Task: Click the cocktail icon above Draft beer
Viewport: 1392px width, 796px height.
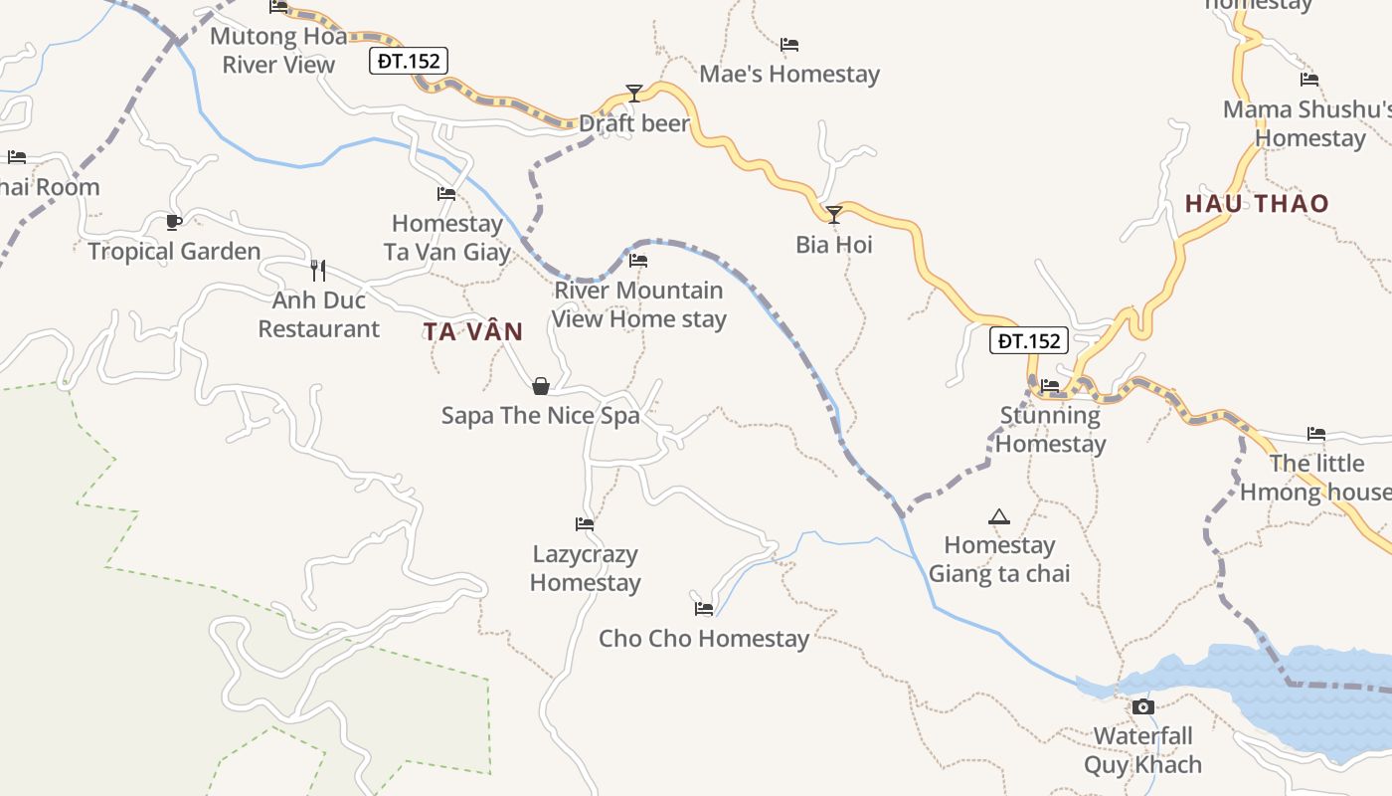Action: pos(634,94)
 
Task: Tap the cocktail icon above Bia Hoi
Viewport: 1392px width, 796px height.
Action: pos(834,214)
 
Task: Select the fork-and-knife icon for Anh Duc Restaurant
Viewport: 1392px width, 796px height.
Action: pos(318,270)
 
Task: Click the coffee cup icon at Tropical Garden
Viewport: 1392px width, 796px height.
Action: pos(174,222)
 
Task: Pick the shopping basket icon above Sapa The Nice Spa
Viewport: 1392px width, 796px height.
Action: pos(541,386)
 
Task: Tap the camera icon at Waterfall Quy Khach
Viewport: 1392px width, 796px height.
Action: pos(1143,706)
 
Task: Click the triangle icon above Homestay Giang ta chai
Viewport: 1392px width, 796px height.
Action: pos(999,516)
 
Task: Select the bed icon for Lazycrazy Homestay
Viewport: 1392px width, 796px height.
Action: pos(585,524)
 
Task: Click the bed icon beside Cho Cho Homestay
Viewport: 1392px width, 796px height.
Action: pos(704,608)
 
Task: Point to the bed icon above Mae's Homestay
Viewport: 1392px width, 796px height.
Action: pos(789,45)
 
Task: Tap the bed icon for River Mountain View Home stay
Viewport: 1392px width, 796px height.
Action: pos(638,261)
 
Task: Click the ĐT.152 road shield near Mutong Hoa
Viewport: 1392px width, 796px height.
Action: pos(409,61)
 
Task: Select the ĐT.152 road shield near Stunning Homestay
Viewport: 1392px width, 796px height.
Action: pos(1029,341)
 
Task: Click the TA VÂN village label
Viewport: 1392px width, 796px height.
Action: pos(473,332)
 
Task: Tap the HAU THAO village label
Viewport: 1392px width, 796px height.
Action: pos(1257,204)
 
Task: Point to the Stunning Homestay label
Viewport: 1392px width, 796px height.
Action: pos(1050,429)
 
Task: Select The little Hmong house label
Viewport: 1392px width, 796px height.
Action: pos(1316,478)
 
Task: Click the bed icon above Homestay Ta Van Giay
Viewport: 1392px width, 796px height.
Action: pos(446,194)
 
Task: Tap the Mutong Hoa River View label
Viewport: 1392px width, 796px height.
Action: pos(278,51)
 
